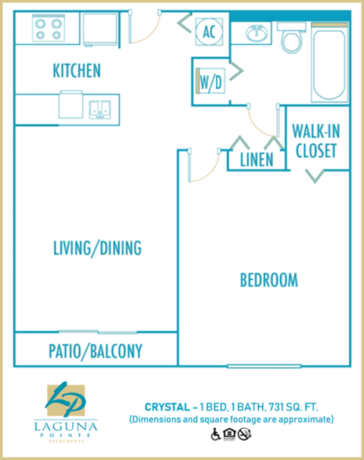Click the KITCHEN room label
coord(77,71)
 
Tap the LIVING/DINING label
coord(97,248)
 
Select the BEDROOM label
coord(268,280)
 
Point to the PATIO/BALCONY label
coord(96,351)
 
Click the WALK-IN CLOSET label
coord(315,140)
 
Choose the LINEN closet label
coord(256,160)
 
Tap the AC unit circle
coord(209,31)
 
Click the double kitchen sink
coord(99,108)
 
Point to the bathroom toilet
coord(291,37)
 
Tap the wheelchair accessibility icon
coord(215,434)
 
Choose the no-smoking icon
coord(244,434)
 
